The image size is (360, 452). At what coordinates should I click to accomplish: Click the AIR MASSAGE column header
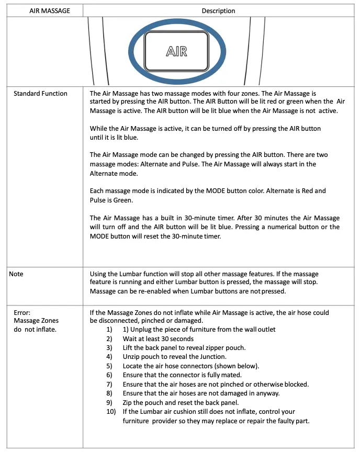pyautogui.click(x=50, y=10)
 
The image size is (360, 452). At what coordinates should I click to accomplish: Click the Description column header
pyautogui.click(x=218, y=10)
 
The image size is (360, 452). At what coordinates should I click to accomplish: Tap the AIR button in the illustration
pyautogui.click(x=176, y=51)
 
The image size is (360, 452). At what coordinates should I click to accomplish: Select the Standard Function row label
pyautogui.click(x=40, y=94)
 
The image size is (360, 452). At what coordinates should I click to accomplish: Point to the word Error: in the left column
pyautogui.click(x=22, y=313)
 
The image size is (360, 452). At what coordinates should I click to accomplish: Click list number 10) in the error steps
pyautogui.click(x=110, y=411)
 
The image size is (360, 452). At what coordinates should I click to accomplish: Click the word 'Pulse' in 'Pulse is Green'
pyautogui.click(x=98, y=200)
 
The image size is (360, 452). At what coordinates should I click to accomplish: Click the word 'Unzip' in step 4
pyautogui.click(x=131, y=357)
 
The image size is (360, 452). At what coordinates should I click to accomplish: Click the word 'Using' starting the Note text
pyautogui.click(x=99, y=274)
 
